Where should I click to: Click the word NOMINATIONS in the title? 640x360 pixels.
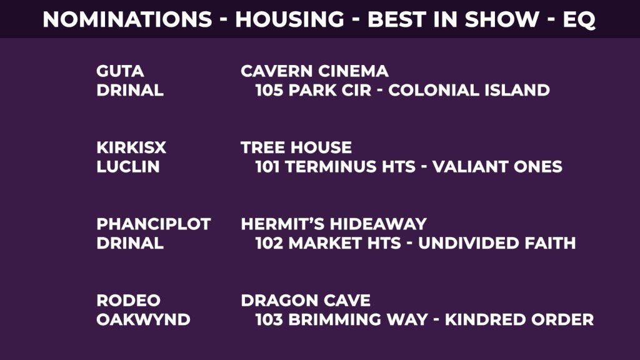point(127,19)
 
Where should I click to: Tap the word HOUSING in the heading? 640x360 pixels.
point(290,19)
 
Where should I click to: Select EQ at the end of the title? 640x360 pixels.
point(579,20)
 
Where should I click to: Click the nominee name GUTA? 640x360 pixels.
point(120,71)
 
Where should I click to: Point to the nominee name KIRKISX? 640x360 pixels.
point(131,147)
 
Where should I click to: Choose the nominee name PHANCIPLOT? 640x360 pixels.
point(154,224)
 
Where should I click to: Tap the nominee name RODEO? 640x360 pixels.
point(129,301)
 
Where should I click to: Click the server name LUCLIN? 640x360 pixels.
point(128,166)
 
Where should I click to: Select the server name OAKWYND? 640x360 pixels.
point(143,319)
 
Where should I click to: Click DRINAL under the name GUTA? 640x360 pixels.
point(130,90)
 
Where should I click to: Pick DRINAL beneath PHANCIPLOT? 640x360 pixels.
point(130,243)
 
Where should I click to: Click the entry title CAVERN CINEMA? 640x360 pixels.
point(314,71)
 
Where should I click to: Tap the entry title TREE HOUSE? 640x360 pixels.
point(296,147)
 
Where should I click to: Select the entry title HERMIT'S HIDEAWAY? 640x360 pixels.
point(334,224)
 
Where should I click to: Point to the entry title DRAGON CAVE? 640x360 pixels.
point(305,301)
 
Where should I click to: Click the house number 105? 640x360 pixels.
point(269,90)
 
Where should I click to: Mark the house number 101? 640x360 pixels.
point(267,166)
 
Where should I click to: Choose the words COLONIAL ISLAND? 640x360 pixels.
point(469,90)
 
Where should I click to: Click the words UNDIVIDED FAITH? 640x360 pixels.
point(497,243)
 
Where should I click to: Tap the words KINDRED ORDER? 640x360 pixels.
point(519,319)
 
